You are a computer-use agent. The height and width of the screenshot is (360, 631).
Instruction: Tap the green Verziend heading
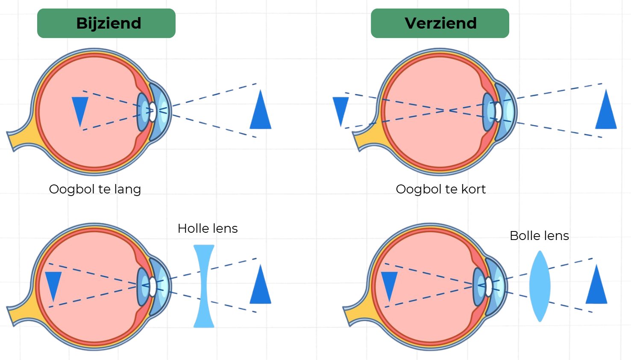(x=440, y=23)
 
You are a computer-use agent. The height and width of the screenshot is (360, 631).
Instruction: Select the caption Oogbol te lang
(x=95, y=189)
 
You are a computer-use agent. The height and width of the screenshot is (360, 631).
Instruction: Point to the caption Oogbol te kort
(x=440, y=189)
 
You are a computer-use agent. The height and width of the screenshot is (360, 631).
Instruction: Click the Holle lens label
(x=208, y=228)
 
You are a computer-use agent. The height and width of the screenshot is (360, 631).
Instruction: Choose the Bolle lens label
(x=539, y=236)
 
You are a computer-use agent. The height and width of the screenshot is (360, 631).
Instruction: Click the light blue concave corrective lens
(x=204, y=286)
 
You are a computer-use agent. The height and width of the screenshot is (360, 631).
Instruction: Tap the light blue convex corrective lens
(x=540, y=286)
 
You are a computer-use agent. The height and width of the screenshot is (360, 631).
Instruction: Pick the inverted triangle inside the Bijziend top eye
(x=80, y=109)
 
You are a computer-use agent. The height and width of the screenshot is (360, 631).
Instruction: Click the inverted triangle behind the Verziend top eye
(x=340, y=109)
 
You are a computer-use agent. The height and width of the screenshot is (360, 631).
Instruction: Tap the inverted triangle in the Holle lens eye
(x=53, y=284)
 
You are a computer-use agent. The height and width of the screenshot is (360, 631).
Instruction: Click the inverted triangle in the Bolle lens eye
(x=389, y=284)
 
